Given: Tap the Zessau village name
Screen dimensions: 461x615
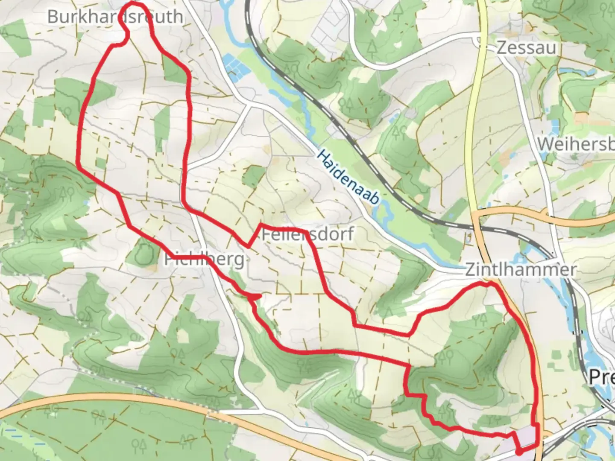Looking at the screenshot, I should click(x=526, y=47).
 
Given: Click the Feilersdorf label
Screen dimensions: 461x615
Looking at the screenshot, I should click(x=307, y=234).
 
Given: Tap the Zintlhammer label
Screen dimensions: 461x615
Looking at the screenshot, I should click(x=520, y=270).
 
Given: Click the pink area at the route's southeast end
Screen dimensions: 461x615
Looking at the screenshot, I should click(x=525, y=438).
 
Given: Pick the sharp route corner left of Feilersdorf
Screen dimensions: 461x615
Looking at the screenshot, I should click(x=248, y=246).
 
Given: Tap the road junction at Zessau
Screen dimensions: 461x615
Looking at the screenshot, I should click(x=478, y=41).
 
